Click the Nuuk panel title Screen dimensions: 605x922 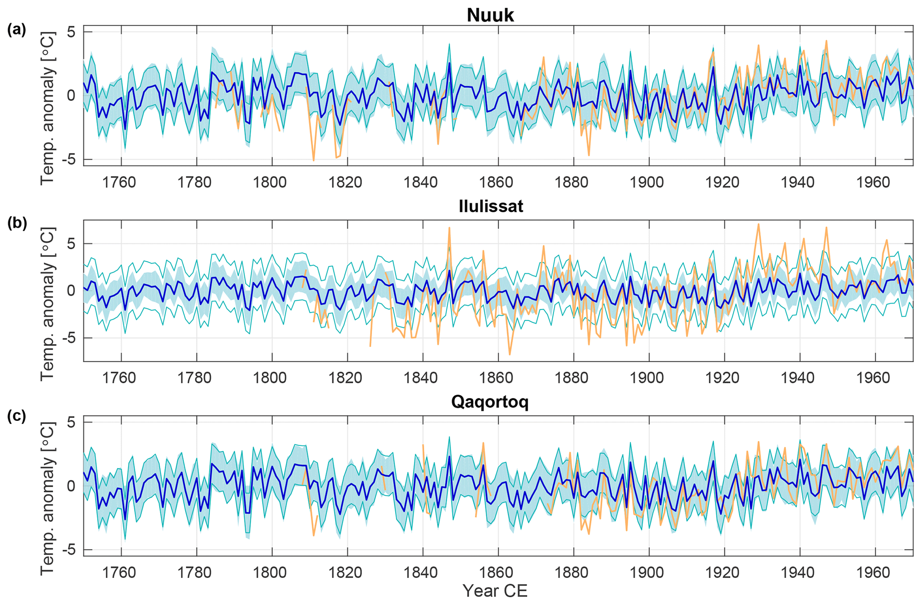click(490, 15)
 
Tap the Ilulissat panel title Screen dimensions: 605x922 click(491, 206)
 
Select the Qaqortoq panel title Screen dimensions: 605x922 click(490, 402)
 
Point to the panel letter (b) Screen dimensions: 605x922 click(17, 223)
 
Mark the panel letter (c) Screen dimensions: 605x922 click(17, 416)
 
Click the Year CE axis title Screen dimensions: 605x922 click(495, 591)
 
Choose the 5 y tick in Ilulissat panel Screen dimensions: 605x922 click(74, 244)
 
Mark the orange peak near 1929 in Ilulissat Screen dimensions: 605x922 click(758, 225)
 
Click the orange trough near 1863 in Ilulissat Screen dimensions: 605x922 click(509, 354)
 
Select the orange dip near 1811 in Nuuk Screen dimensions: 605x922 click(314, 160)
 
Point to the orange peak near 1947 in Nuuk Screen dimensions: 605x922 click(826, 41)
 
